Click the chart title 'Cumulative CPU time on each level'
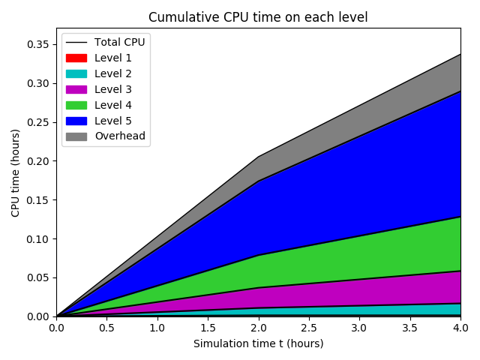pyautogui.click(x=258, y=17)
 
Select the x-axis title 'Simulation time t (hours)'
pyautogui.click(x=258, y=343)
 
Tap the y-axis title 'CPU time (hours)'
pyautogui.click(x=16, y=172)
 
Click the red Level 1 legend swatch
pyautogui.click(x=76, y=58)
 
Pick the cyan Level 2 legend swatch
pyautogui.click(x=76, y=73)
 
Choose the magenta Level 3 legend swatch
pyautogui.click(x=76, y=89)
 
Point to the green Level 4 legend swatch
pyautogui.click(x=76, y=105)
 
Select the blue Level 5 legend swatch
pyautogui.click(x=76, y=121)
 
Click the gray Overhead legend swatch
pyautogui.click(x=76, y=136)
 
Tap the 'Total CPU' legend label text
pyautogui.click(x=119, y=42)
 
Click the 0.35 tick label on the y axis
pyautogui.click(x=37, y=45)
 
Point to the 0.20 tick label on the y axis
pyautogui.click(x=37, y=161)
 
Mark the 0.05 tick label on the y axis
pyautogui.click(x=37, y=277)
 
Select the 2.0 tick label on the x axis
pyautogui.click(x=258, y=328)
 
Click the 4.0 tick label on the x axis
pyautogui.click(x=460, y=328)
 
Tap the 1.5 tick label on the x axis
pyautogui.click(x=208, y=328)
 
